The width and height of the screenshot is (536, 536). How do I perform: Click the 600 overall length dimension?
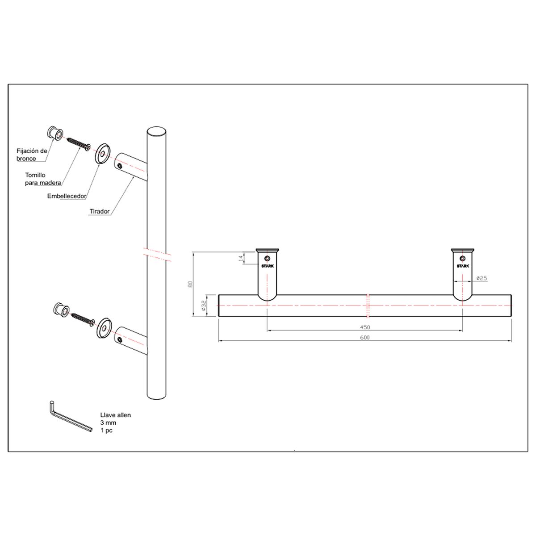point(364,337)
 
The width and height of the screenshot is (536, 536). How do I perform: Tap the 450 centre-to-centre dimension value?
point(364,327)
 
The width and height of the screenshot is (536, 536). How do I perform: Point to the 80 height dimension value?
point(190,284)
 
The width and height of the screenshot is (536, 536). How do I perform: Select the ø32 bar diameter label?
point(203,305)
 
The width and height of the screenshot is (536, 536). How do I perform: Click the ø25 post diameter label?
point(482,278)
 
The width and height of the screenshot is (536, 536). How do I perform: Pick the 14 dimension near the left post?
point(241,259)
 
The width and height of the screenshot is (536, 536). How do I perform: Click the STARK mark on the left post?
point(267,266)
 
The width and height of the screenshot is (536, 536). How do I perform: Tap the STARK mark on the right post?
point(463,266)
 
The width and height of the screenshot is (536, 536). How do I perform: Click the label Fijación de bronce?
point(32,155)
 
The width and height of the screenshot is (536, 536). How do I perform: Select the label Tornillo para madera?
point(43,179)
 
